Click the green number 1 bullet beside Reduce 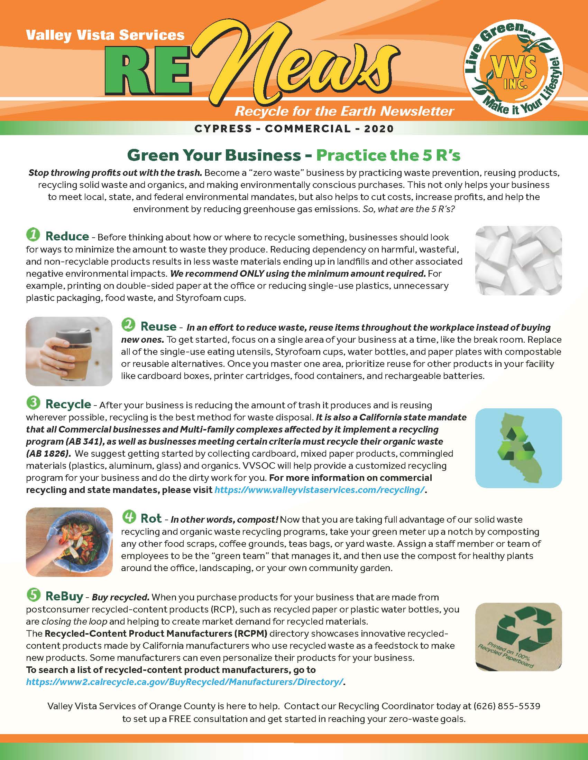[33, 235]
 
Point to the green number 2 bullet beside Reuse [128, 325]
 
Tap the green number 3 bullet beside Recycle [33, 403]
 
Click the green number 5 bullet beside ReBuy [33, 596]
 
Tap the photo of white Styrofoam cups [518, 260]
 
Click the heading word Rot [151, 519]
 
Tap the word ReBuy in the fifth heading [64, 596]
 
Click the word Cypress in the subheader [223, 129]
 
